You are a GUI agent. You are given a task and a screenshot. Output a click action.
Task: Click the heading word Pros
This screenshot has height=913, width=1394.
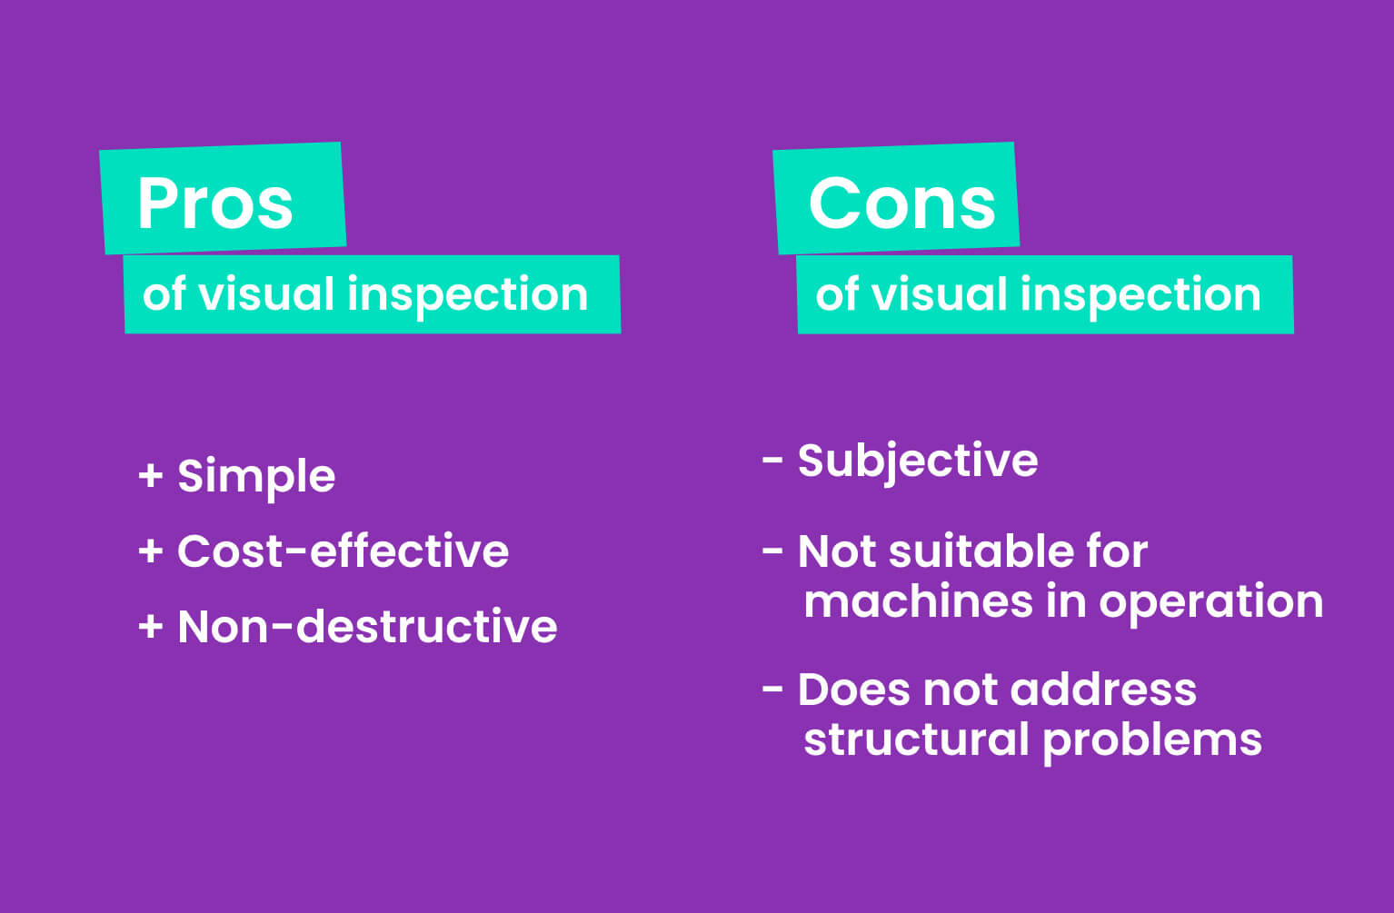coord(215,203)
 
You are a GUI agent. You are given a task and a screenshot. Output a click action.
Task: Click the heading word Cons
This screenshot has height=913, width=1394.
coord(901,203)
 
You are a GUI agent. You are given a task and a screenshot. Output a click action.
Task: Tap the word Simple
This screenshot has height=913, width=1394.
coord(256,476)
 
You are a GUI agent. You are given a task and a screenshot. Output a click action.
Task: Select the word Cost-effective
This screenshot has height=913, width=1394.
coord(343,551)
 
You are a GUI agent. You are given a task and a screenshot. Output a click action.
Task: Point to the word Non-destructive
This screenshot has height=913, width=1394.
coord(367,627)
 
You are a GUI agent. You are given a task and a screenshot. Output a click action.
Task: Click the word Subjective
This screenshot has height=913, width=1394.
coord(918,461)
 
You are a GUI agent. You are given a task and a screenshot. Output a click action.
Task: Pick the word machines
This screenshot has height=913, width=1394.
coord(919,601)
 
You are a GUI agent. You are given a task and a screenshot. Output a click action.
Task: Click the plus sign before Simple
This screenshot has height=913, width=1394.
coord(151,476)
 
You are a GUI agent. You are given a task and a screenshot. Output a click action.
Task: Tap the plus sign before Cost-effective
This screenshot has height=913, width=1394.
coord(151,551)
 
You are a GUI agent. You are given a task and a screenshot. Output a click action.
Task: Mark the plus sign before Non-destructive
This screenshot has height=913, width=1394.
coord(151,627)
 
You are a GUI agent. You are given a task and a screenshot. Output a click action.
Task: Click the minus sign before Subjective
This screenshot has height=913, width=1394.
coord(772,461)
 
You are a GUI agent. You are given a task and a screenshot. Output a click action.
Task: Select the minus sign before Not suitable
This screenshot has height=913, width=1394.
coord(772,551)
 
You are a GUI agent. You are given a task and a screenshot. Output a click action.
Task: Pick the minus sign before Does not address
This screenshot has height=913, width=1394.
coord(772,690)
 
